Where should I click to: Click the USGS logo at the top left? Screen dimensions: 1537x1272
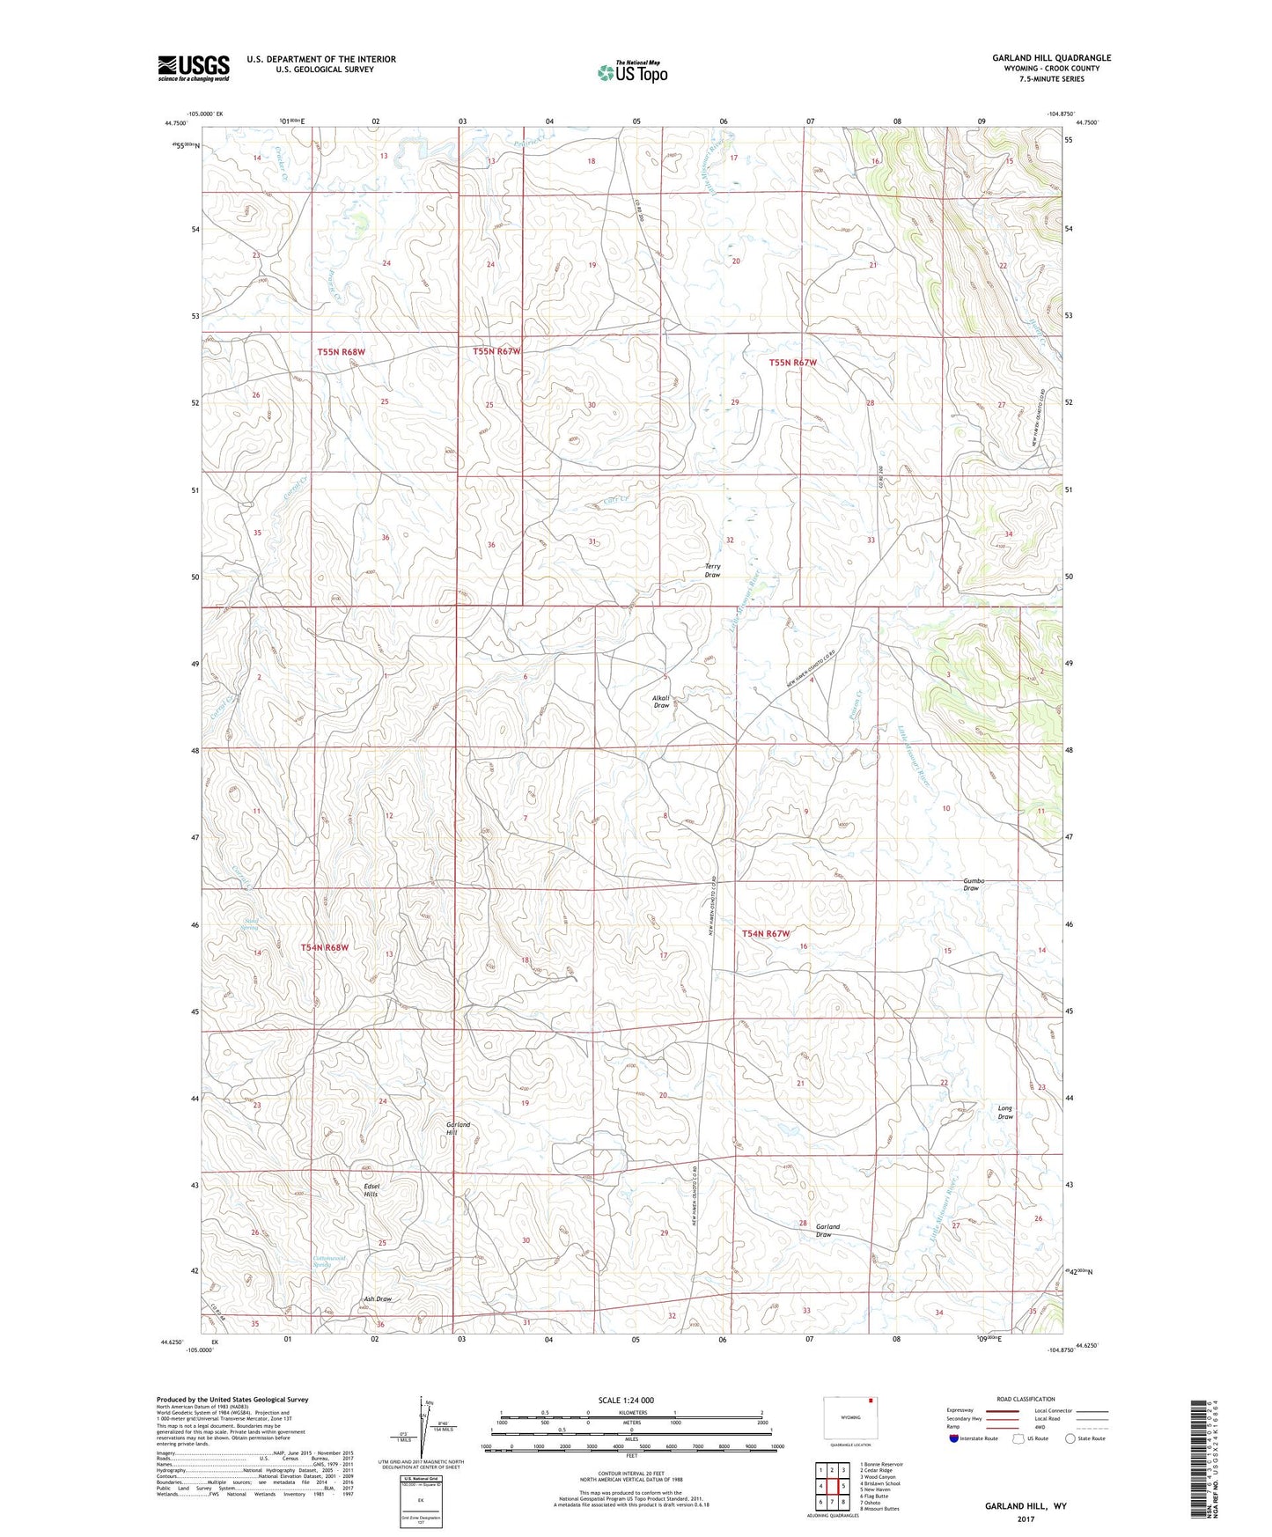(x=194, y=68)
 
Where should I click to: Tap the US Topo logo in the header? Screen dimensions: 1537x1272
(x=632, y=72)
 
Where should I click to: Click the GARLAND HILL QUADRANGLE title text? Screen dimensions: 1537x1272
(x=1051, y=58)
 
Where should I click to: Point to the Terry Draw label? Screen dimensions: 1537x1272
(x=712, y=570)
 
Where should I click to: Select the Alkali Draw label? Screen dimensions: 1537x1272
(x=661, y=702)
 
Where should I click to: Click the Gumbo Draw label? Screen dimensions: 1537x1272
(x=972, y=884)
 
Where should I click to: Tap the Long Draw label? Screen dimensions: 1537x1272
(x=1005, y=1113)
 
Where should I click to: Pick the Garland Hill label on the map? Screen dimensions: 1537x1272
(x=458, y=1129)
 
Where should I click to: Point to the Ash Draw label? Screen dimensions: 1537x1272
(x=378, y=1299)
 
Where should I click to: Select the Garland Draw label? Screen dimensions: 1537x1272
(x=827, y=1230)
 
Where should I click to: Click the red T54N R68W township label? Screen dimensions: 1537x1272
(x=325, y=947)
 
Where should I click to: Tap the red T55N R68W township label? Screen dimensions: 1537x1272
(x=341, y=351)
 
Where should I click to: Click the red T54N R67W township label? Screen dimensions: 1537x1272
(x=766, y=933)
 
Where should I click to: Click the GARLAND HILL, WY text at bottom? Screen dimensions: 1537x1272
(x=1026, y=1506)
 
